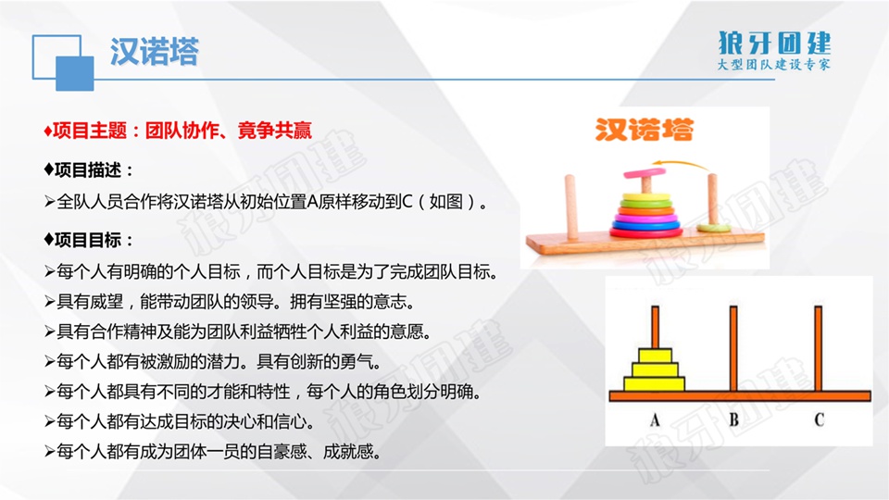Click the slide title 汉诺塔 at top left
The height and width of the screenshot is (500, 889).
tap(155, 52)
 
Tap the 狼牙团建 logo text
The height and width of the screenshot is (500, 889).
tap(774, 43)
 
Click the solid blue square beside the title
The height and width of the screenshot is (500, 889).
tap(75, 74)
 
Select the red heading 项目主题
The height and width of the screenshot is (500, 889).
tap(90, 131)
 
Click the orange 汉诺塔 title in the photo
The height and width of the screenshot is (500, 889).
tap(645, 130)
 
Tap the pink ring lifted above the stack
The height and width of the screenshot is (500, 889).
tap(645, 172)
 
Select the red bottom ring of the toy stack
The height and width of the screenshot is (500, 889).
tap(645, 231)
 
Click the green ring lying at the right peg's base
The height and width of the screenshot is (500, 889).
tap(714, 228)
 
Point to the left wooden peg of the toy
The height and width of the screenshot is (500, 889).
tap(571, 206)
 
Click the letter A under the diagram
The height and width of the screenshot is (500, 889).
tap(655, 420)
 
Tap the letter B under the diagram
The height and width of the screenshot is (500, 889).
tap(733, 420)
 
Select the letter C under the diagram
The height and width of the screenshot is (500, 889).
tap(819, 419)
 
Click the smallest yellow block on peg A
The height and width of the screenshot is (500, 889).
tap(655, 356)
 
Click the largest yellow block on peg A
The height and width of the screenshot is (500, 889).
tap(655, 383)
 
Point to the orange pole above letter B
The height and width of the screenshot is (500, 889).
tap(733, 349)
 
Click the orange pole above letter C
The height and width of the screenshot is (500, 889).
tap(818, 349)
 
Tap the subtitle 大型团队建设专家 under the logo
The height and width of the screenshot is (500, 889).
tap(774, 64)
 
